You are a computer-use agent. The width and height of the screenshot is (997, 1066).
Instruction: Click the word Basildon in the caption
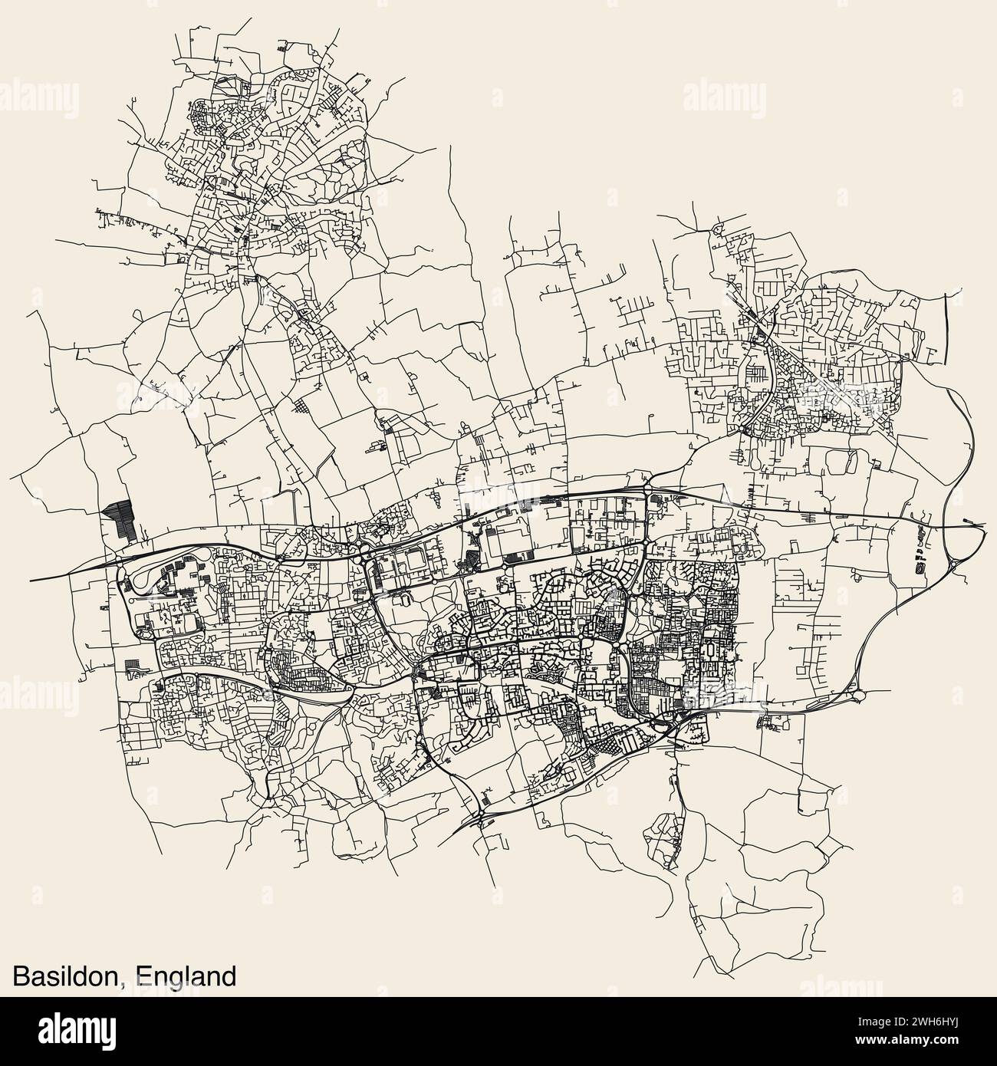click(64, 976)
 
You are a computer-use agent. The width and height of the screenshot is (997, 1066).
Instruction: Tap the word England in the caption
click(185, 976)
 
